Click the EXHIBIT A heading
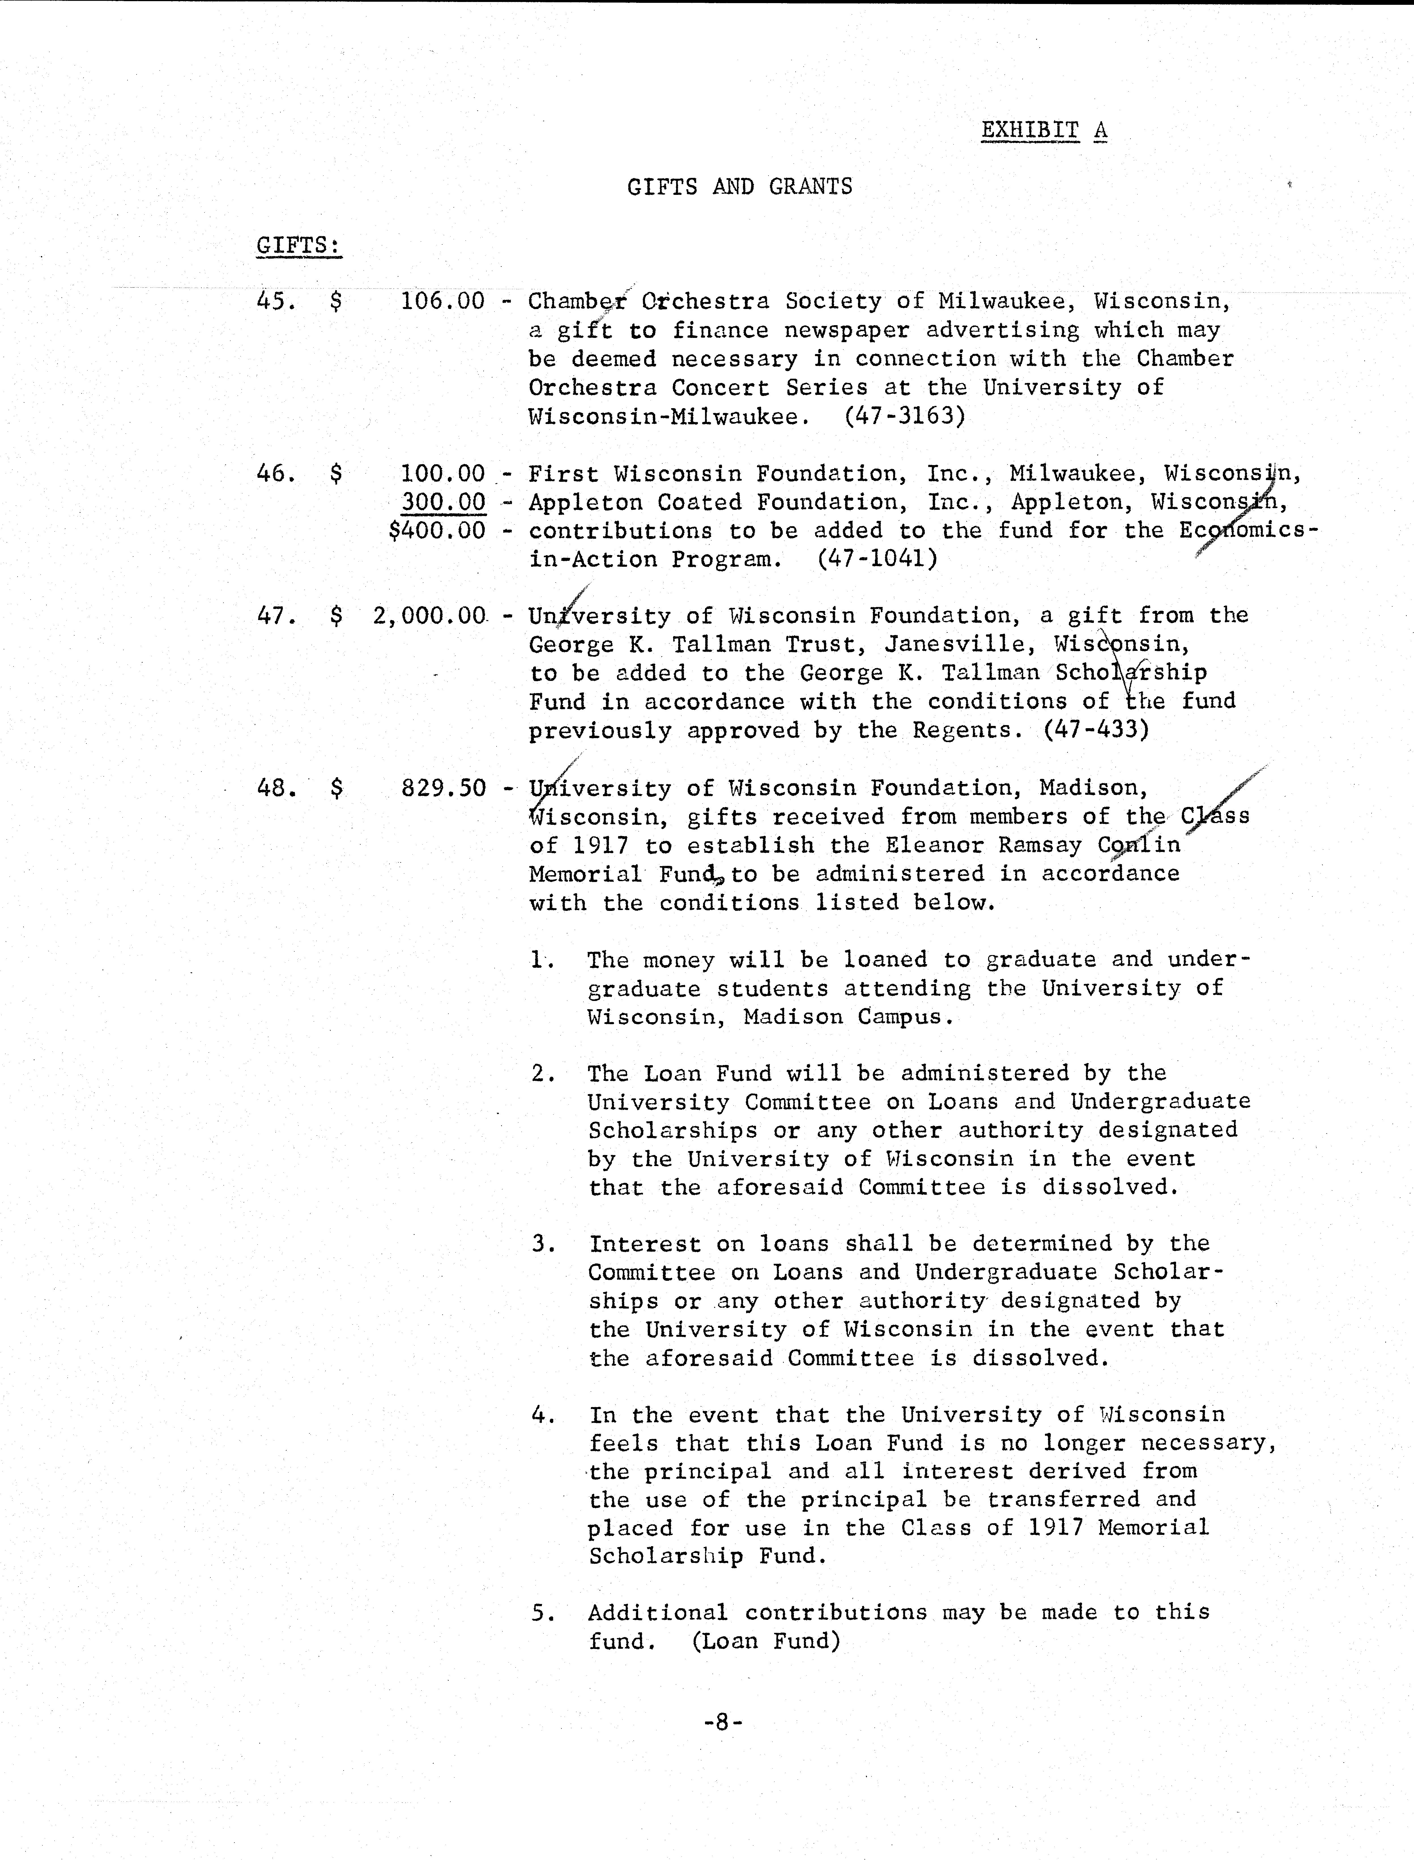(1044, 131)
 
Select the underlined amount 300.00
(444, 502)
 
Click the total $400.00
(437, 531)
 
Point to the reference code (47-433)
(1096, 730)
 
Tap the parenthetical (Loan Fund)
(766, 1641)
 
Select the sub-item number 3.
(543, 1244)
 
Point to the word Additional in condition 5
(657, 1612)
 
